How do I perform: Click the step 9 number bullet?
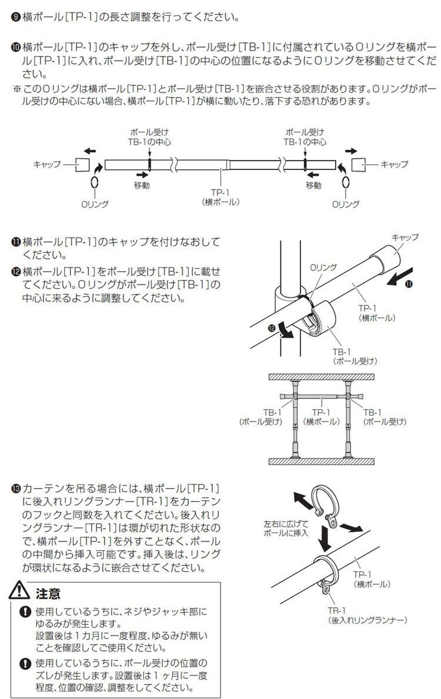[16, 16]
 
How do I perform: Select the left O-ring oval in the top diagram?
[93, 184]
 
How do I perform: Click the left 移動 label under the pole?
[141, 185]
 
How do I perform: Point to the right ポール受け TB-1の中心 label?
[305, 137]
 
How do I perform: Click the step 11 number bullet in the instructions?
[16, 242]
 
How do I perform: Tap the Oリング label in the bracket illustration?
[323, 267]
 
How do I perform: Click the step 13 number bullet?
[16, 488]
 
